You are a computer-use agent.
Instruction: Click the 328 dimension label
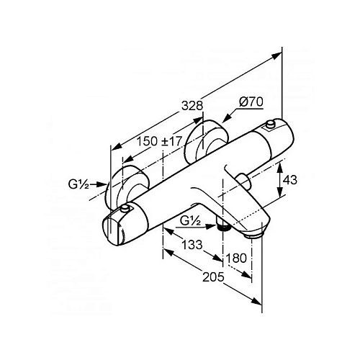[x=192, y=106]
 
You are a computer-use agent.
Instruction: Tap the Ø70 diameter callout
[x=251, y=102]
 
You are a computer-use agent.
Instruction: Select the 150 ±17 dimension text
[x=160, y=141]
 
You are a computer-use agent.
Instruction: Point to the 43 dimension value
[x=290, y=180]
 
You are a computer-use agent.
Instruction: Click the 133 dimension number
[x=192, y=245]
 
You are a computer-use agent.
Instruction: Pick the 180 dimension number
[x=236, y=258]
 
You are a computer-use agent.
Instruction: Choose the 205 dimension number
[x=213, y=277]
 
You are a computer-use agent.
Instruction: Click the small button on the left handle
[x=125, y=208]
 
